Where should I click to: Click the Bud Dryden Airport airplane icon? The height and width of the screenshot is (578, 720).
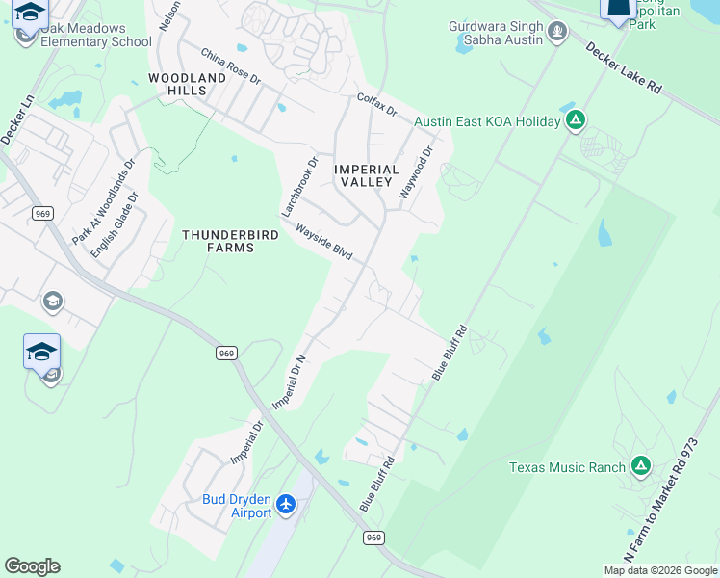pos(286,504)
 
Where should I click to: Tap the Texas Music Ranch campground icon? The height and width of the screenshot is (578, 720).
pos(640,467)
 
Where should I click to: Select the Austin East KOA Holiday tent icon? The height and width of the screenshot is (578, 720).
pos(576,121)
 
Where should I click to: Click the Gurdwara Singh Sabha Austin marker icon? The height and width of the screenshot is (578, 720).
pos(556,34)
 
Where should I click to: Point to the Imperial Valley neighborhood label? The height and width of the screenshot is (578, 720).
pos(365,175)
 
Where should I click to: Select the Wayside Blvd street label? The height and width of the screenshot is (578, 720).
pos(323,243)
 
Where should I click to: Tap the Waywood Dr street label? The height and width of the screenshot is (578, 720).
pos(418,172)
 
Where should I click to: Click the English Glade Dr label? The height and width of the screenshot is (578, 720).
pos(115,224)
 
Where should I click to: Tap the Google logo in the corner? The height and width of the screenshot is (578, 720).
pos(32,566)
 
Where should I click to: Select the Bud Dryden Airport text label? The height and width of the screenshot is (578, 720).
pos(237,506)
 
